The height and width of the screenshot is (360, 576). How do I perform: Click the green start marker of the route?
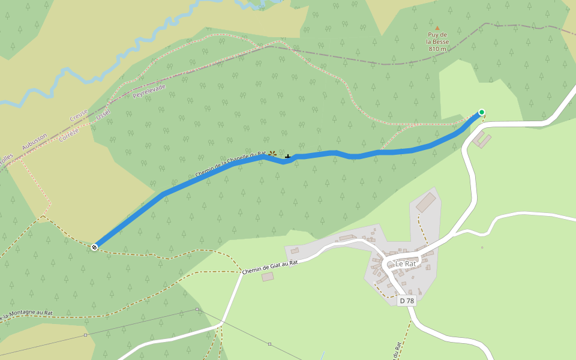[481, 112]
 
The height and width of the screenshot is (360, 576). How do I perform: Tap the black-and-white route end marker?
[94, 247]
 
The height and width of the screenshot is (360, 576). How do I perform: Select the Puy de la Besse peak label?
[437, 38]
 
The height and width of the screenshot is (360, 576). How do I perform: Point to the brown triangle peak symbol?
[437, 28]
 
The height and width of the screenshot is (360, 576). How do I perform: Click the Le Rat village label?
[406, 263]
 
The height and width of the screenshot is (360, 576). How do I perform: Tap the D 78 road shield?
[406, 301]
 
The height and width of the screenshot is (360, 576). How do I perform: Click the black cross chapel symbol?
[288, 157]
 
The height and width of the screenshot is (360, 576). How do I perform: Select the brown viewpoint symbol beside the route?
[272, 154]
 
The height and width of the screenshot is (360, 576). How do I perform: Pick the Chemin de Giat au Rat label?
[270, 267]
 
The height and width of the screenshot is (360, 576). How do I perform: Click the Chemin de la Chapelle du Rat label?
[230, 164]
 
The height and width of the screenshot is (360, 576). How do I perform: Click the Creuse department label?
[79, 115]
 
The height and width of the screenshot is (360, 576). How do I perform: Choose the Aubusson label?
[34, 142]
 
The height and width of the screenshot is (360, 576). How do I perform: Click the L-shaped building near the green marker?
[482, 140]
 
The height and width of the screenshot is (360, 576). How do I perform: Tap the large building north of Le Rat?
[426, 202]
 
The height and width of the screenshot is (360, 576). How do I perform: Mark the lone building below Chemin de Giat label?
[268, 277]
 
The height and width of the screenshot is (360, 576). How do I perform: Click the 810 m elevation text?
[437, 49]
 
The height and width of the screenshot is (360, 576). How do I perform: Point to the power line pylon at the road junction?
[197, 310]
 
